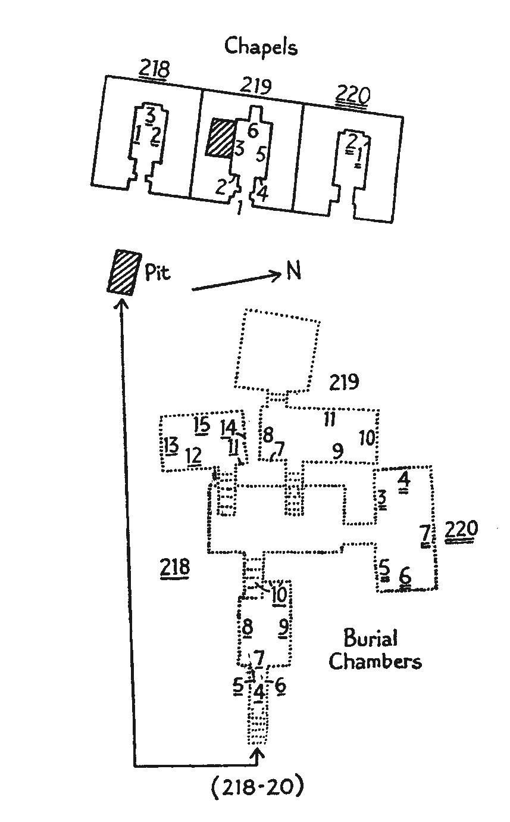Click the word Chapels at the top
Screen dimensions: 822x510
tap(261, 46)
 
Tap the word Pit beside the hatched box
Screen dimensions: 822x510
tap(157, 272)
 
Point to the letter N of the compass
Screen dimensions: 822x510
tap(293, 271)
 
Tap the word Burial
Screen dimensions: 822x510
tap(371, 640)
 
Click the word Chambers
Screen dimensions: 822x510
tap(375, 662)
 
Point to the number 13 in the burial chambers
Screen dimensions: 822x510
tap(171, 445)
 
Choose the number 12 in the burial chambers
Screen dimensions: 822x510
tap(193, 456)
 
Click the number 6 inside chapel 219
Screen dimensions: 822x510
tap(252, 131)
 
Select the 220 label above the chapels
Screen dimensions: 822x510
tap(353, 94)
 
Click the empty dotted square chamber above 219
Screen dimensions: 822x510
tap(278, 348)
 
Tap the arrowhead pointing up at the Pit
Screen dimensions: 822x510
tap(122, 303)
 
